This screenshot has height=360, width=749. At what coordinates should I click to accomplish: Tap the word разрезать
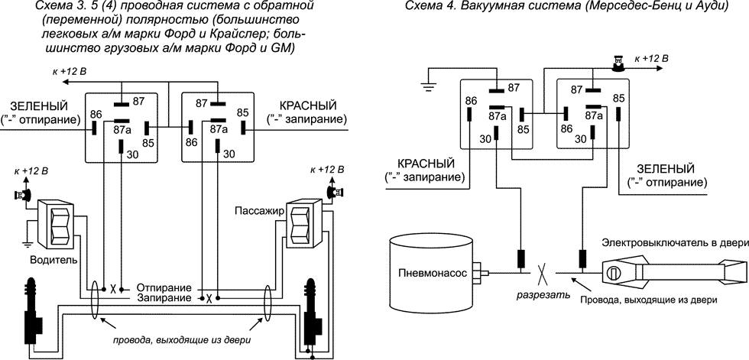537,294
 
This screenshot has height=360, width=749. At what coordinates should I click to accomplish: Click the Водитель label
53,260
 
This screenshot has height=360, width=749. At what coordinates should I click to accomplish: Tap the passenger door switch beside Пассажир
303,222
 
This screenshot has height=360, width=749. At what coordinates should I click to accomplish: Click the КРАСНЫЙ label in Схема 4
428,164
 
